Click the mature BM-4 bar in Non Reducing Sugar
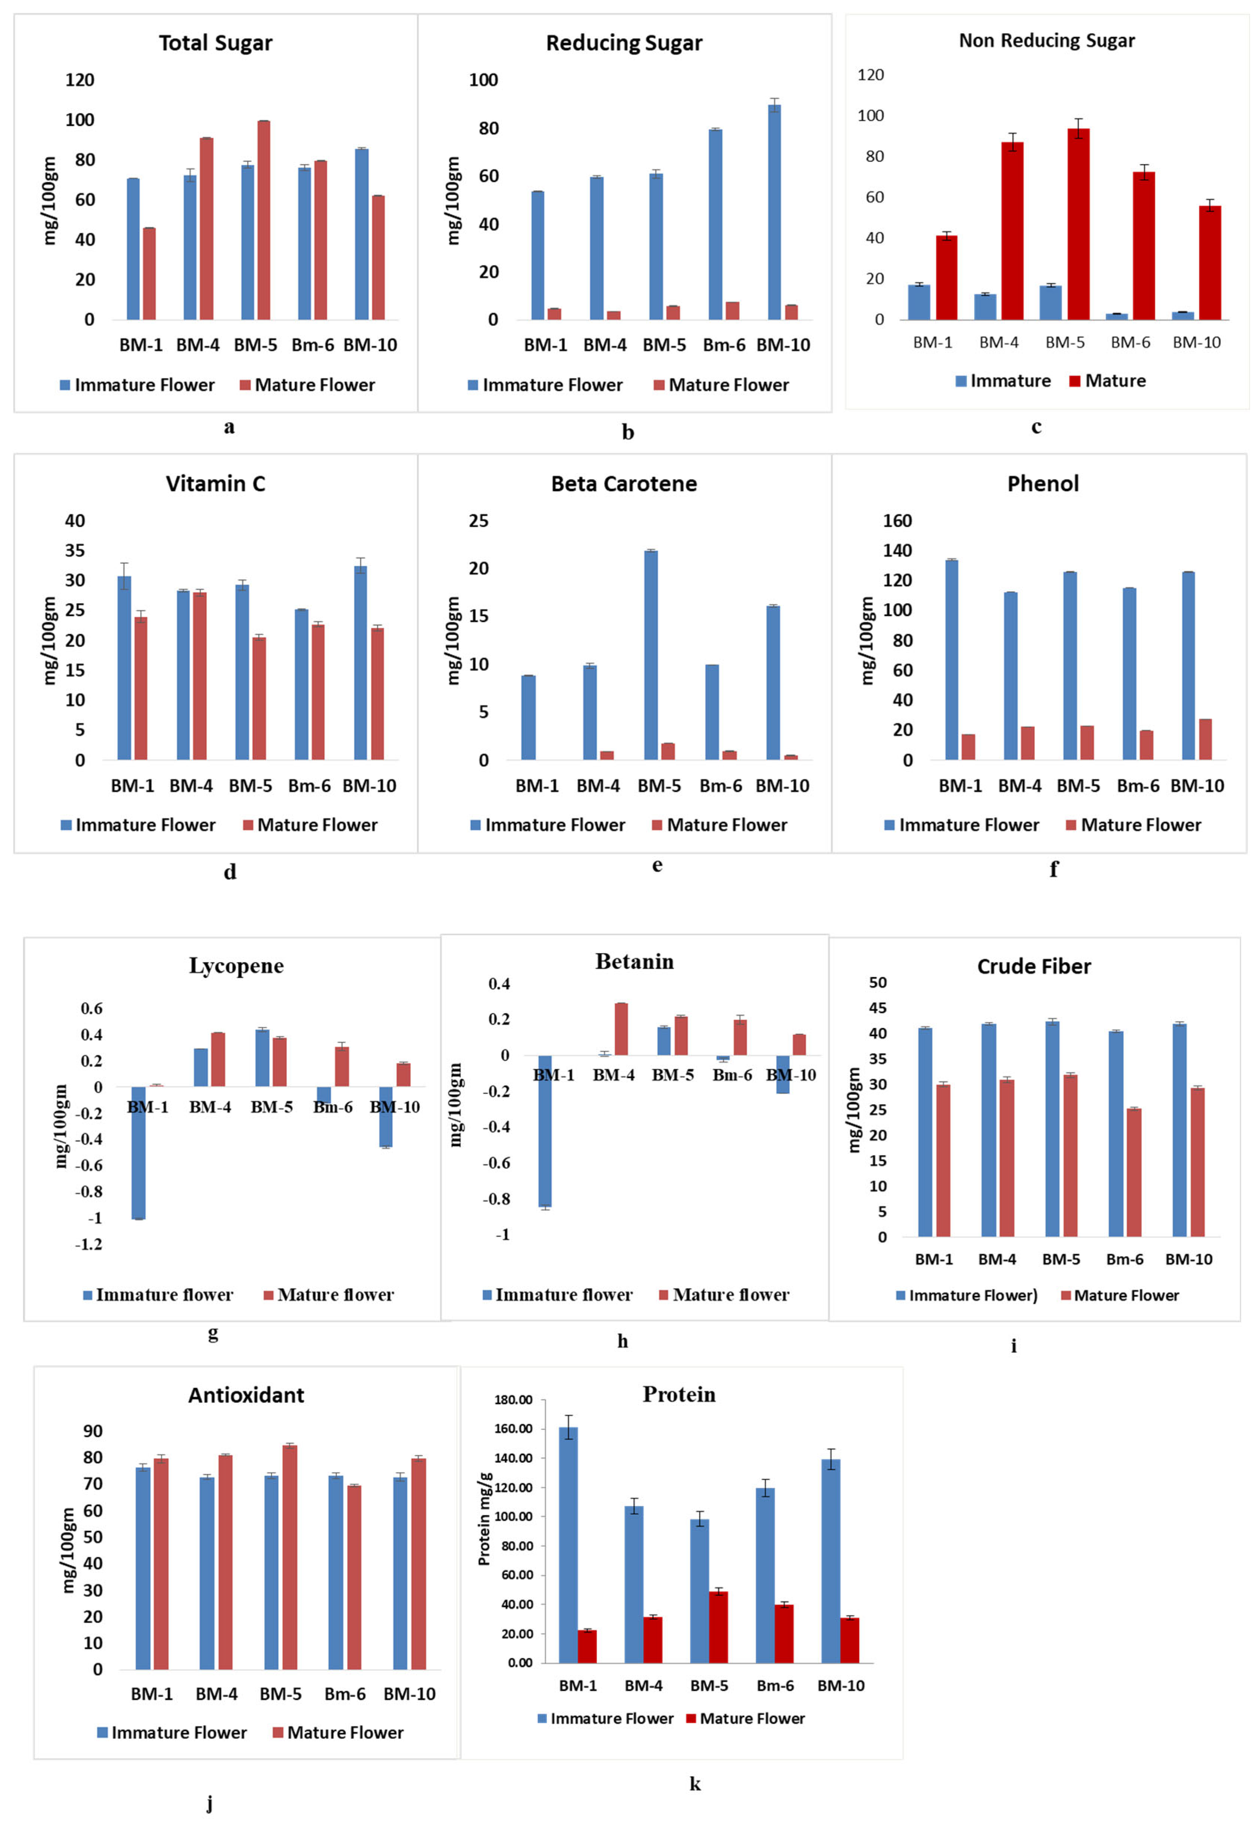[1012, 231]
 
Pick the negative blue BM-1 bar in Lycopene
[138, 1152]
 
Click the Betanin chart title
[634, 961]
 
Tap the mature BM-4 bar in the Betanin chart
[621, 1029]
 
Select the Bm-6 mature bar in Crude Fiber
[1134, 1172]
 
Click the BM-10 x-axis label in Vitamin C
[369, 786]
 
